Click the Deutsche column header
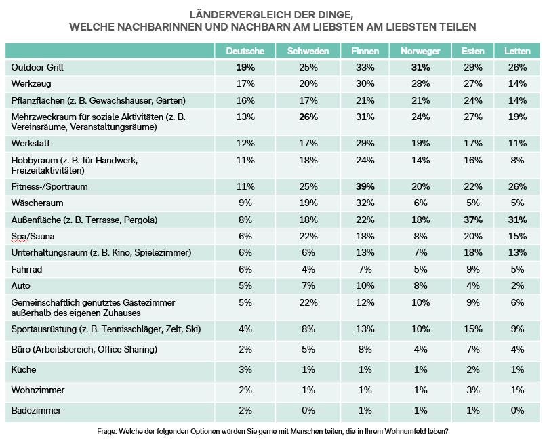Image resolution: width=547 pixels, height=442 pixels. click(245, 51)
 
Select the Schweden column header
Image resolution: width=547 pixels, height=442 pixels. click(308, 51)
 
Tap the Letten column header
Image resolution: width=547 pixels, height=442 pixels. click(517, 51)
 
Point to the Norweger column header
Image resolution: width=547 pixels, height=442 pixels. click(420, 52)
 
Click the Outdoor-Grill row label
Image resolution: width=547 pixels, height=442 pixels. click(37, 67)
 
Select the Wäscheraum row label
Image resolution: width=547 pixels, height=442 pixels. click(37, 203)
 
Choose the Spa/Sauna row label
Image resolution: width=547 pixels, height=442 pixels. click(33, 236)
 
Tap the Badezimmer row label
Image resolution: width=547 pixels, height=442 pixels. click(36, 410)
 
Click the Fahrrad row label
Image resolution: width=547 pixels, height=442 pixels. click(26, 269)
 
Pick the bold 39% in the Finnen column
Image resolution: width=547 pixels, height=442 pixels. click(365, 186)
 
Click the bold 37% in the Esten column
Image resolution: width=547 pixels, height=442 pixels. click(472, 220)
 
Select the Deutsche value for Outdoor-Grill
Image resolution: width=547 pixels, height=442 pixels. click(245, 67)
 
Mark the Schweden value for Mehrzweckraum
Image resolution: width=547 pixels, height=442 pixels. click(308, 117)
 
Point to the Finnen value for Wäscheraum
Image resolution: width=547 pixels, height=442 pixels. click(365, 203)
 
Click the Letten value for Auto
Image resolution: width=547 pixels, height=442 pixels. click(517, 285)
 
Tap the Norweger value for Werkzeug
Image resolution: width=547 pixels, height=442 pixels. click(420, 84)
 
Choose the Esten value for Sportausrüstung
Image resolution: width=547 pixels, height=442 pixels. click(472, 329)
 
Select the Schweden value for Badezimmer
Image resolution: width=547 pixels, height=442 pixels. click(308, 410)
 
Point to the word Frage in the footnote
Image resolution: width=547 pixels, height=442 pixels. click(106, 432)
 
